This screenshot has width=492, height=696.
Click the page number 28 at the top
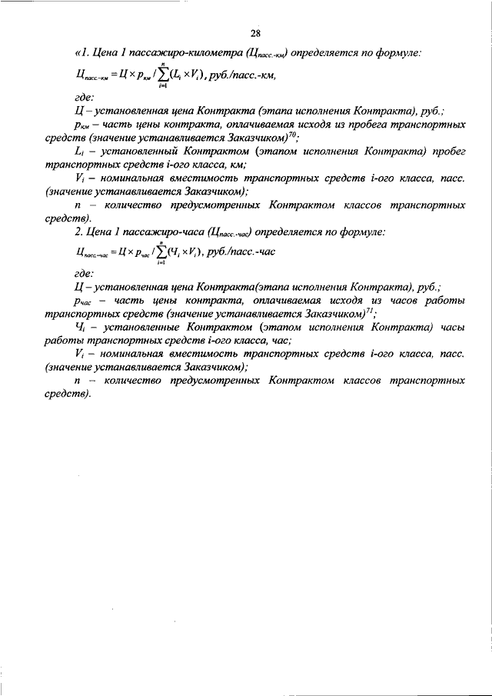(x=256, y=32)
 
